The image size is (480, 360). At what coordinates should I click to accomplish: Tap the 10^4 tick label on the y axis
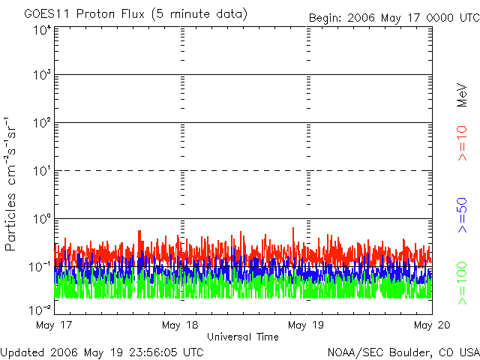pyautogui.click(x=42, y=30)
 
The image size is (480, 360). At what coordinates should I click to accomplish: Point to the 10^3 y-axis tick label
pyautogui.click(x=42, y=76)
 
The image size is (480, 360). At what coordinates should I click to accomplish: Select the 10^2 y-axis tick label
pyautogui.click(x=42, y=124)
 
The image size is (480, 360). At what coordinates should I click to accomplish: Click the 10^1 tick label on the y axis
pyautogui.click(x=42, y=172)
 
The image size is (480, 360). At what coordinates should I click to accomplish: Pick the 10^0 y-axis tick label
pyautogui.click(x=42, y=220)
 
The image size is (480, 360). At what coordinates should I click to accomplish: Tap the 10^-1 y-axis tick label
pyautogui.click(x=40, y=267)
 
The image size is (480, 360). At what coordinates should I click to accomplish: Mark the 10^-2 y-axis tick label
pyautogui.click(x=40, y=309)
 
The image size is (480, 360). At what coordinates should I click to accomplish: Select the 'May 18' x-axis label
pyautogui.click(x=181, y=325)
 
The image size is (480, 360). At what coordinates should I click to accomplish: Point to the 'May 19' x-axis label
pyautogui.click(x=307, y=325)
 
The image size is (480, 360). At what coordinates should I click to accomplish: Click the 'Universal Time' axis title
pyautogui.click(x=243, y=337)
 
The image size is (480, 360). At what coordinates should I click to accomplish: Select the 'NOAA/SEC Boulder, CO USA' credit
pyautogui.click(x=403, y=351)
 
